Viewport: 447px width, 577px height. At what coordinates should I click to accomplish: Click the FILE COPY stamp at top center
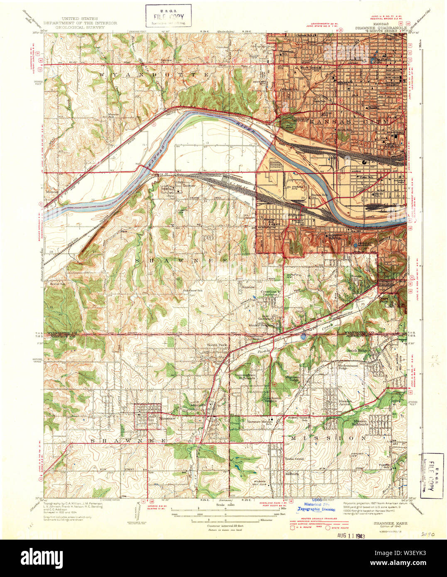point(168,16)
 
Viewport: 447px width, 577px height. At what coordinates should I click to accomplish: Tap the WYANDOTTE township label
point(154,74)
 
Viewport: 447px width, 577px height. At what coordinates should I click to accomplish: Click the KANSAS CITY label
point(349,122)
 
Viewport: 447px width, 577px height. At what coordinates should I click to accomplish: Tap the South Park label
point(217,345)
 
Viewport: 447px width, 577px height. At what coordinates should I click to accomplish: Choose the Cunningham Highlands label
point(245,376)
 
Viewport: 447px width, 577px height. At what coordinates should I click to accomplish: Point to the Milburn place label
point(292,473)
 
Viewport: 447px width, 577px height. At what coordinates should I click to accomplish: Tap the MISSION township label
point(328,438)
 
